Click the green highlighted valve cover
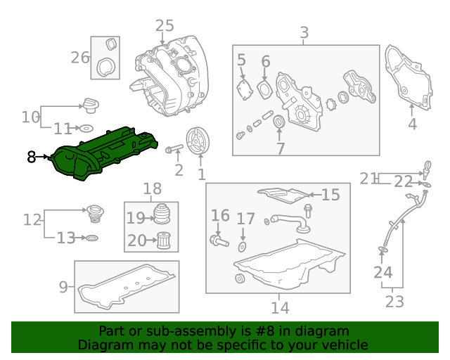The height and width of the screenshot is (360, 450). coord(105,153)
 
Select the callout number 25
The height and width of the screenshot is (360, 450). coord(164,26)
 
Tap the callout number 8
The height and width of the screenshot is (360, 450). coord(32,157)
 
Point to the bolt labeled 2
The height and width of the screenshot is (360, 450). coord(174,149)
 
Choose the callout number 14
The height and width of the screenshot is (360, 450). coord(279,307)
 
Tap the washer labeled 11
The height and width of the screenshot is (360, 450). coord(85,129)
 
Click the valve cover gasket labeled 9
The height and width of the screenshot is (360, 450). coord(127,292)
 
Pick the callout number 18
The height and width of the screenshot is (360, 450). coord(152,188)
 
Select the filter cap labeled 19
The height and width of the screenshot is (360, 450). coord(162,214)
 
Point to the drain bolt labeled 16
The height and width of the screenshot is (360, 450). coord(217,240)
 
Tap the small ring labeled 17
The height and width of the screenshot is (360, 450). coord(243,246)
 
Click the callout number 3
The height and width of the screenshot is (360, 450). coord(304,33)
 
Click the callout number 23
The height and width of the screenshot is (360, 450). coord(395,302)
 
